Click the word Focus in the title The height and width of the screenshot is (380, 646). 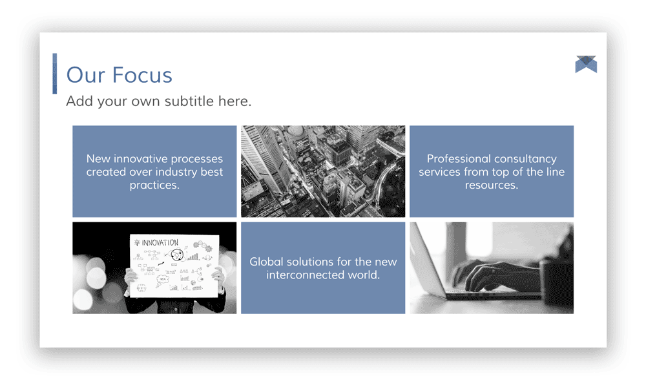[142, 75]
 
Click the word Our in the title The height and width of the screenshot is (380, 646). [86, 75]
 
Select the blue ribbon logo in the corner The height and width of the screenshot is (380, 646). [586, 64]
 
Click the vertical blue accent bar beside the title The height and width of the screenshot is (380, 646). [55, 74]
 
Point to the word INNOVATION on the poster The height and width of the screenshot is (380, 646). [160, 243]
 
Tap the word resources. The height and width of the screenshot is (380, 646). [492, 185]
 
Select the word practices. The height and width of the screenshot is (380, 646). [154, 185]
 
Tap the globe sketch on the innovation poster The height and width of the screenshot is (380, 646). [177, 255]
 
